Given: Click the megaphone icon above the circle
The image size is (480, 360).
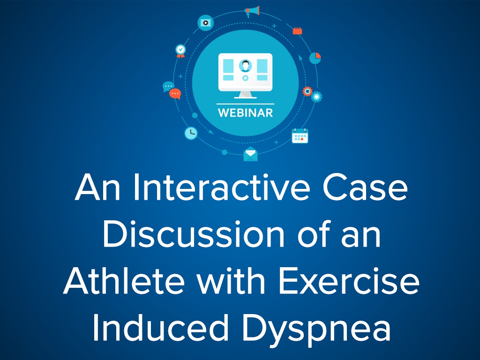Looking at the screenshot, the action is [252, 12].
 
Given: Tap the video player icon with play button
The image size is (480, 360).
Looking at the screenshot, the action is [205, 22].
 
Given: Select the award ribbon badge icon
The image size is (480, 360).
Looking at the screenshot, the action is [180, 51].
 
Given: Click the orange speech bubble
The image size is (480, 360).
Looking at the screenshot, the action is [175, 94].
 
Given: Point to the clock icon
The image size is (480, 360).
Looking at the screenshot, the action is [191, 133].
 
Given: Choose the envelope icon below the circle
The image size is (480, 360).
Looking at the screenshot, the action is [250, 154].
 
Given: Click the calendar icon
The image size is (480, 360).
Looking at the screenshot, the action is [300, 136].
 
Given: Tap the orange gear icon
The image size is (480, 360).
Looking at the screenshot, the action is [307, 91].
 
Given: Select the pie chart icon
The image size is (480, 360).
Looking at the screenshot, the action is [315, 58].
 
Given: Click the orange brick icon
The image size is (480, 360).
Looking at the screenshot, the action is [297, 30].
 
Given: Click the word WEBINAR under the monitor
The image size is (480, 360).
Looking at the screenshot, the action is [245, 112].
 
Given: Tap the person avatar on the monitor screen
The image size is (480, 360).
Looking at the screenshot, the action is [245, 66].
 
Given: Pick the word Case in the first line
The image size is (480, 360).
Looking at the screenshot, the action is [365, 187].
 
